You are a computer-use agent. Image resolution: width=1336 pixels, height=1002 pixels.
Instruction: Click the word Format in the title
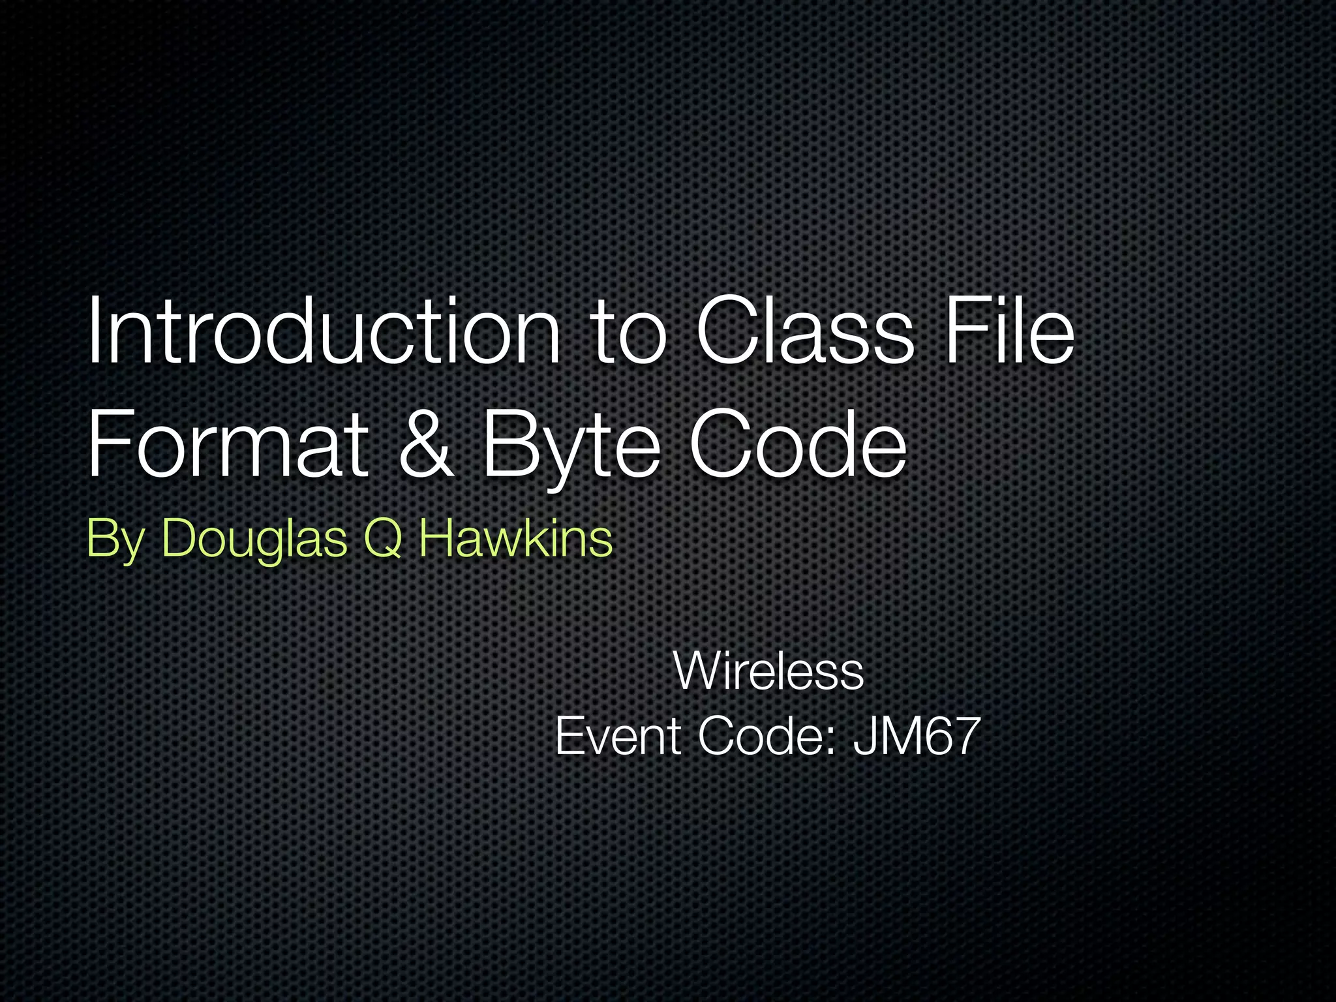click(228, 444)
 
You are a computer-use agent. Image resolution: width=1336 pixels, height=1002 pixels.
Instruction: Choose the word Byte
click(571, 447)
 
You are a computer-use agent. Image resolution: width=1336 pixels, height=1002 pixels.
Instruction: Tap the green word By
click(115, 540)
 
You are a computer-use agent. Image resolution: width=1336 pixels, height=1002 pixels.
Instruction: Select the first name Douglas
click(254, 540)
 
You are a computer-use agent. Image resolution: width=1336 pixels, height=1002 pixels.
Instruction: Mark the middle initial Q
click(382, 540)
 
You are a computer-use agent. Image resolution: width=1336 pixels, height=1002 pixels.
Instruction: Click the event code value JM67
click(917, 736)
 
